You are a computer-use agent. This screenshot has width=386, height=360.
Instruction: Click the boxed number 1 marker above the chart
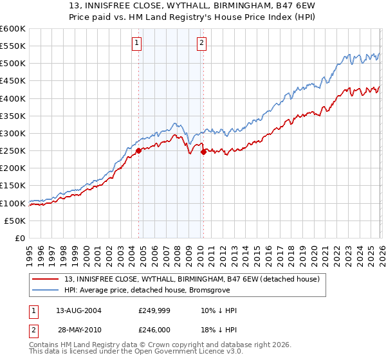(137, 43)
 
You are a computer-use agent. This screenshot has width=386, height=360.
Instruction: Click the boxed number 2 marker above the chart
(201, 43)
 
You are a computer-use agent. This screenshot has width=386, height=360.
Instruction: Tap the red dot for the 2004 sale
(138, 151)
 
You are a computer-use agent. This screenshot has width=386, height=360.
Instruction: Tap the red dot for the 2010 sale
(203, 152)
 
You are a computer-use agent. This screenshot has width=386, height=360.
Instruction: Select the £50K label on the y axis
(15, 221)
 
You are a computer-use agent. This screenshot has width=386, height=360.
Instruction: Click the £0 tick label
(21, 238)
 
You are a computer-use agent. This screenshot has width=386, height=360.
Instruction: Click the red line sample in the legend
(46, 279)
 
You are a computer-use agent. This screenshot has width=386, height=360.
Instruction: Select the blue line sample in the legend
(46, 290)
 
